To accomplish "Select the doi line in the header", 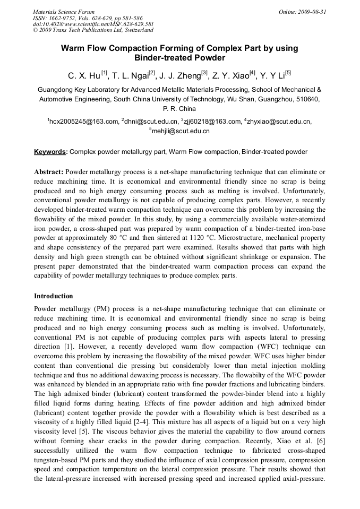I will click(93, 24).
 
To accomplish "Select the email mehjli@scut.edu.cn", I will click(181, 131).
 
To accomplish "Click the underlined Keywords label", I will click(50, 152).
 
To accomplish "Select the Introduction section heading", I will click(54, 296).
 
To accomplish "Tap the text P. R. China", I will click(179, 109).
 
